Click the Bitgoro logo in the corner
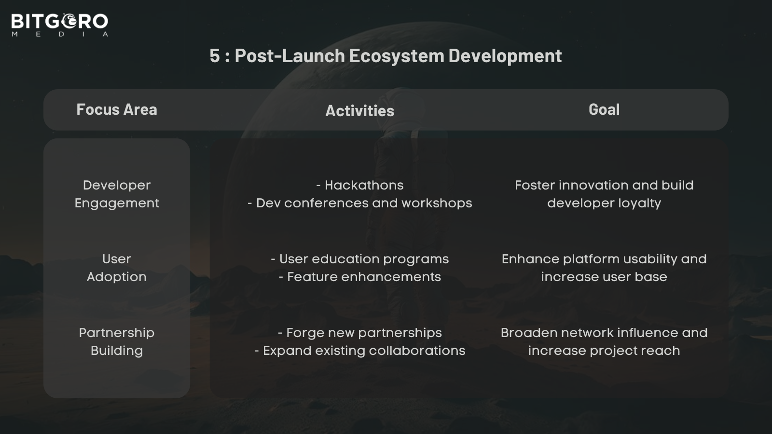(59, 21)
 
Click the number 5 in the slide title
(214, 56)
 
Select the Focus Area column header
(117, 109)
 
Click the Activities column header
(359, 110)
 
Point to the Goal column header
(604, 109)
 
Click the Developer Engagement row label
(117, 194)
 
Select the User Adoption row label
(117, 268)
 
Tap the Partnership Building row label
(117, 341)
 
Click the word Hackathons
(364, 185)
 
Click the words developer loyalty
(604, 203)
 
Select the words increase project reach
(604, 351)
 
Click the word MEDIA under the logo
(59, 34)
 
